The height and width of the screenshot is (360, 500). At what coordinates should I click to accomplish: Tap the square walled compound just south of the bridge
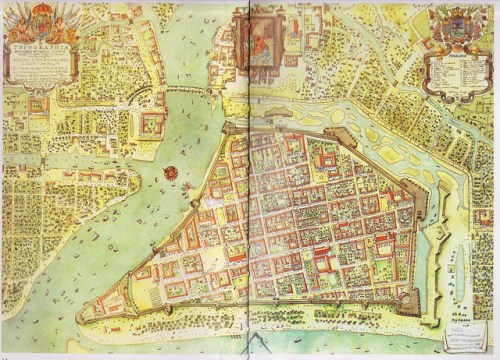coord(152,123)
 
